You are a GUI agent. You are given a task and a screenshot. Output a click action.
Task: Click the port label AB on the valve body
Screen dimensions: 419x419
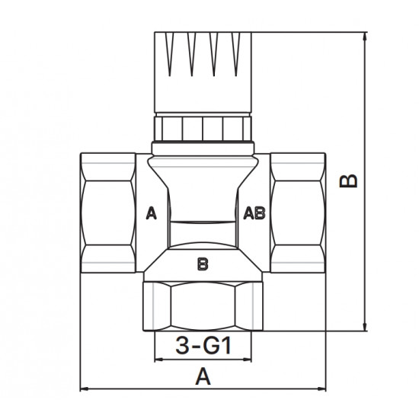pyautogui.click(x=254, y=213)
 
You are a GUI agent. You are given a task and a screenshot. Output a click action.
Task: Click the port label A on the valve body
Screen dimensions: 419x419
pyautogui.click(x=152, y=213)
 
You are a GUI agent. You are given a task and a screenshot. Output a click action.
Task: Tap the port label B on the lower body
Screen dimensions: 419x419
pyautogui.click(x=203, y=264)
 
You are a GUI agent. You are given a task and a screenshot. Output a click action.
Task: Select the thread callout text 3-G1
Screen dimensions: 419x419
pyautogui.click(x=203, y=345)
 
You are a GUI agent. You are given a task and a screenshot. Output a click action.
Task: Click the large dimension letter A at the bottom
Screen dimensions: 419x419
pyautogui.click(x=203, y=376)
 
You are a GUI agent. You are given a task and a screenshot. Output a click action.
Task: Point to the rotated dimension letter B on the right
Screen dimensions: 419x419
pyautogui.click(x=348, y=181)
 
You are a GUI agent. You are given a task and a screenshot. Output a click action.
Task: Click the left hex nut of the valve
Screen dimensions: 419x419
pyautogui.click(x=108, y=213)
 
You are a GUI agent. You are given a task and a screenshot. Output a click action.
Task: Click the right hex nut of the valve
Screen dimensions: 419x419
pyautogui.click(x=298, y=213)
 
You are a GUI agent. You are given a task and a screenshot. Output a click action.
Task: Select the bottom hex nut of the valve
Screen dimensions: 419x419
pyautogui.click(x=203, y=306)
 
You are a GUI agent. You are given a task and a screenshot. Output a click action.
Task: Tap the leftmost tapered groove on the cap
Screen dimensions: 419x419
pyautogui.click(x=170, y=54)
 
